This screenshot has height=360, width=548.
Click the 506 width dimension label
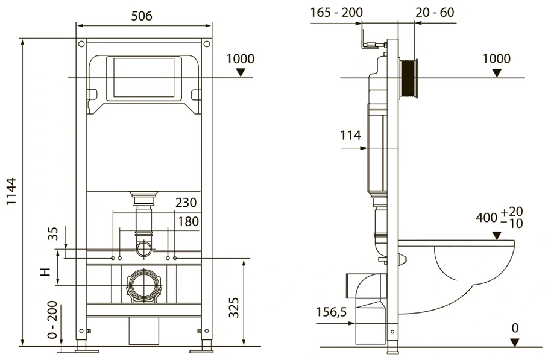pos(142,16)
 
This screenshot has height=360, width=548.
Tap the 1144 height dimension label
pos(12,192)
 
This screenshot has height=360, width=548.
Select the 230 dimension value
pos(186,203)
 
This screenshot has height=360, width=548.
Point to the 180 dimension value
pos(188,221)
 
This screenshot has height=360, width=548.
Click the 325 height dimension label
pos(234,308)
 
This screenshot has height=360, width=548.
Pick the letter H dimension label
pos(45,272)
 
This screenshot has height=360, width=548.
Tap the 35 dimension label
pos(53,233)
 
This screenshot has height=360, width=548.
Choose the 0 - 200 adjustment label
pos(52,320)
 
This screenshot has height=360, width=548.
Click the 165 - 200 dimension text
pos(336,13)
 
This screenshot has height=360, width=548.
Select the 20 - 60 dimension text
pos(435,13)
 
